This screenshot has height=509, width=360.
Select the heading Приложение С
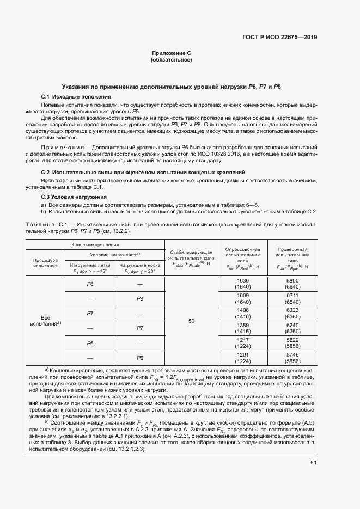tap(171, 53)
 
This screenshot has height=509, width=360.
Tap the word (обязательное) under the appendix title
tap(171, 60)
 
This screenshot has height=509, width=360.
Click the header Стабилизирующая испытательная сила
tap(191, 256)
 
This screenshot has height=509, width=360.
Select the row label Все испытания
tap(45, 320)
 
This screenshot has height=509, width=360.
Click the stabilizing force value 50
tap(191, 321)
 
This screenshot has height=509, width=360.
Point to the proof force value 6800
tap(292, 280)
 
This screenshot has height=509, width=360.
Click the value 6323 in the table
tap(292, 310)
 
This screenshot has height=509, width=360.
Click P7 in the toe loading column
tap(139, 328)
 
